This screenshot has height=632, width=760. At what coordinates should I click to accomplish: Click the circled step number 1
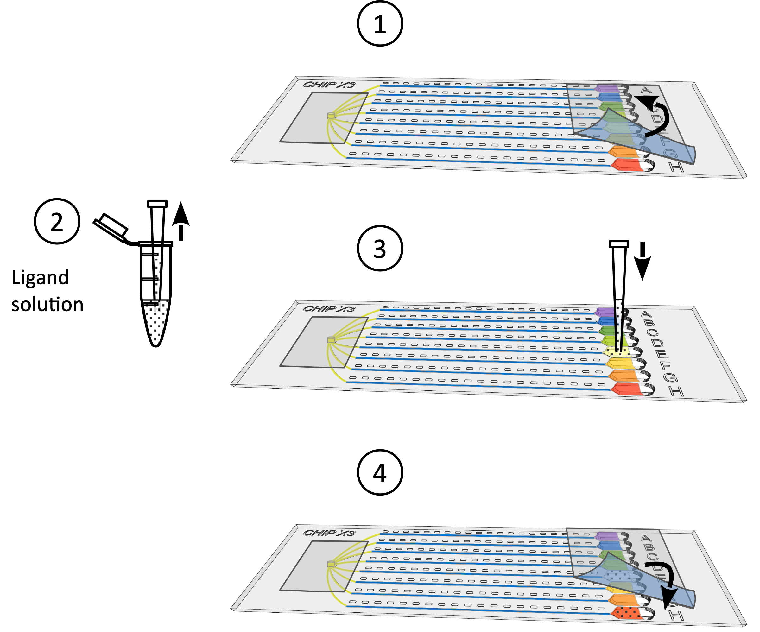click(x=380, y=24)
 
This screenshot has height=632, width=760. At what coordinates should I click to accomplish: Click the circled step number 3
click(x=380, y=248)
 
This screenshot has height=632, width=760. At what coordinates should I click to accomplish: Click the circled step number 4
click(x=380, y=472)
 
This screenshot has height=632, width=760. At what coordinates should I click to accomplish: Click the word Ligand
click(x=40, y=278)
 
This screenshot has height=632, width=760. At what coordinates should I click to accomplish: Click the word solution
click(x=47, y=304)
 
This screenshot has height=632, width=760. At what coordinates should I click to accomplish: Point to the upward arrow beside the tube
click(x=180, y=221)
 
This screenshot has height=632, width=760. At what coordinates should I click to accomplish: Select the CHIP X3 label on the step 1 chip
click(x=329, y=85)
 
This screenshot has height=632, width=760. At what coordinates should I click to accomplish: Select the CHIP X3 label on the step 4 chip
click(x=329, y=533)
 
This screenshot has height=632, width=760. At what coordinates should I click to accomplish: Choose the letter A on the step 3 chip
click(x=646, y=314)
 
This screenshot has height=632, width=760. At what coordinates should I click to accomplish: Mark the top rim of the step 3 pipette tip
click(x=619, y=244)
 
